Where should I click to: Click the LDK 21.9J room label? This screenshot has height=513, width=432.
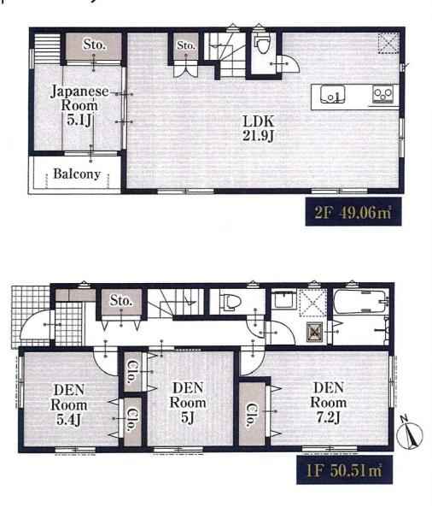pos(258,128)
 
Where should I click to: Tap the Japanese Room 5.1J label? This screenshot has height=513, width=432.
pos(79,105)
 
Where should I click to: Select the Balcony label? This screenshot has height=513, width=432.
pos(77,174)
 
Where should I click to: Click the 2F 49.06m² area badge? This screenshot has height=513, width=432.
pos(353,212)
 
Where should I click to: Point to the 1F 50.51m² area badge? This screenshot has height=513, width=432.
pos(344,469)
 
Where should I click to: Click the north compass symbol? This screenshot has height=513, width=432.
pos(409,433)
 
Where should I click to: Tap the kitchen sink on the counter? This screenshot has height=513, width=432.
pos(332,94)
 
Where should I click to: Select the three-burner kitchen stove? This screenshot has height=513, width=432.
pos(383,94)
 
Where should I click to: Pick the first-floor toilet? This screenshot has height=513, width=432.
pos(231,300)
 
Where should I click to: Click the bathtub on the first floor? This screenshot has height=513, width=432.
pos(359,302)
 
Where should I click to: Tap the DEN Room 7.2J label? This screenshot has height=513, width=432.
pos(329,403)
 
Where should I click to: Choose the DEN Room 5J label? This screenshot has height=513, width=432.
pos(188,403)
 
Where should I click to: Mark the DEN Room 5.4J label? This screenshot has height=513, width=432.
pos(69,404)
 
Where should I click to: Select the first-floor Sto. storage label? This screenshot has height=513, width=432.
pos(121,300)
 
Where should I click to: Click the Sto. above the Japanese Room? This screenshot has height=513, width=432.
pos(95,44)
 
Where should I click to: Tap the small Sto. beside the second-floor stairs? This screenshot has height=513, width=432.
pos(186,45)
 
